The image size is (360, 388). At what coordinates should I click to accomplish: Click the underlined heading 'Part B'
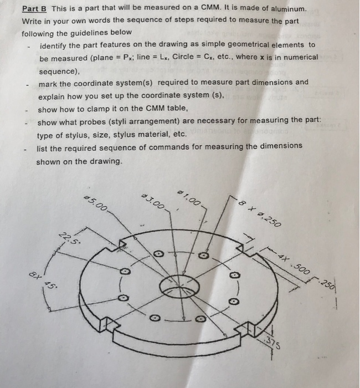click(x=34, y=9)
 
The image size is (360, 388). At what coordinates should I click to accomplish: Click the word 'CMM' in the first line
click(x=210, y=7)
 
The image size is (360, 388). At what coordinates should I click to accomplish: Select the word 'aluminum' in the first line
click(x=289, y=9)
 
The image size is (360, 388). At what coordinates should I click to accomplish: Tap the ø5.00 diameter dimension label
click(x=95, y=203)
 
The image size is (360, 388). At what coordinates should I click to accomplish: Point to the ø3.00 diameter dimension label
click(x=153, y=201)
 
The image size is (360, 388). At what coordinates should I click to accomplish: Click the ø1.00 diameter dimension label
click(x=189, y=198)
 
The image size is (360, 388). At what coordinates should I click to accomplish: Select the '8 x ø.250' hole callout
click(x=260, y=213)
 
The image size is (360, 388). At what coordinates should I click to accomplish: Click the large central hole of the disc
click(x=179, y=287)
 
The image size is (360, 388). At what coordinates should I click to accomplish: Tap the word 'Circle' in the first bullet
click(x=183, y=57)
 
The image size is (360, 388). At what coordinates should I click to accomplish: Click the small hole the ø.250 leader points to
click(x=204, y=256)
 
